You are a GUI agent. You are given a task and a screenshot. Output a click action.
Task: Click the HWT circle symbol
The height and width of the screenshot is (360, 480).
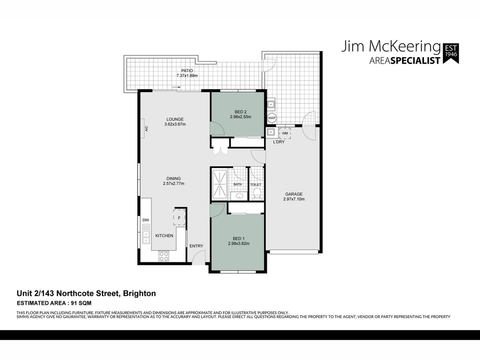(x=272, y=118)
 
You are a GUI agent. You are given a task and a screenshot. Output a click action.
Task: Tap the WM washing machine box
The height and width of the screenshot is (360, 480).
(x=285, y=133)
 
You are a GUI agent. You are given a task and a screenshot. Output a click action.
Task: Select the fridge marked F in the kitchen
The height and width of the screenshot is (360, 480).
(x=179, y=218)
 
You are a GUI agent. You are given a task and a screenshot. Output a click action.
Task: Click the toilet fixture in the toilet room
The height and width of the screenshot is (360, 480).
(x=257, y=194)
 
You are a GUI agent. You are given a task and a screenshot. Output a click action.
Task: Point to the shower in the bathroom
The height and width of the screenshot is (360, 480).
(x=220, y=184)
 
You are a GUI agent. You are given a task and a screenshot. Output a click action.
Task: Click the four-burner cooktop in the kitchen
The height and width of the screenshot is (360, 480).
(x=164, y=256)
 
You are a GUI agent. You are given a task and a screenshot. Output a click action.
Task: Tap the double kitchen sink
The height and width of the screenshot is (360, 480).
(x=146, y=234)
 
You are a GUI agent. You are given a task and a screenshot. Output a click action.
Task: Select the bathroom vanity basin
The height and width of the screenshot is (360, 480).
(x=238, y=196)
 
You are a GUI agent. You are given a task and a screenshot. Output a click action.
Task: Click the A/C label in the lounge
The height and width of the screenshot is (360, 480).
(x=146, y=129)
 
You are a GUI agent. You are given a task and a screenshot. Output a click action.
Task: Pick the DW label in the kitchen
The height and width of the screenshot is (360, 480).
(x=146, y=220)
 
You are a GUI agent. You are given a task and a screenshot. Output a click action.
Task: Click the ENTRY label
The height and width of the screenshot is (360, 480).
(x=196, y=246)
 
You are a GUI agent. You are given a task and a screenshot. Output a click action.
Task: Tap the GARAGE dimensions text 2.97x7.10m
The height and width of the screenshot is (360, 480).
(x=294, y=199)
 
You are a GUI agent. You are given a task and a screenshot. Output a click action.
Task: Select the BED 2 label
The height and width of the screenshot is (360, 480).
(x=241, y=112)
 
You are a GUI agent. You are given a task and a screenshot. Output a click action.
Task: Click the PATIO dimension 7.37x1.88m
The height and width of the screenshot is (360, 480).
(x=187, y=75)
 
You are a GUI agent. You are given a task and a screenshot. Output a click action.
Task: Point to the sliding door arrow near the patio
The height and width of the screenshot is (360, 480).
(x=176, y=87)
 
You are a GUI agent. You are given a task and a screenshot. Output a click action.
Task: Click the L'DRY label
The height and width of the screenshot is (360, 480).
(x=279, y=142)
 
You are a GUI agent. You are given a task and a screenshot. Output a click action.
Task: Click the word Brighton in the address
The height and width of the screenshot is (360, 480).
(x=139, y=294)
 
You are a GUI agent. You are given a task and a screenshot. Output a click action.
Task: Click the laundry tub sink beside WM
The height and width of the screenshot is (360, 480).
(x=271, y=132)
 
